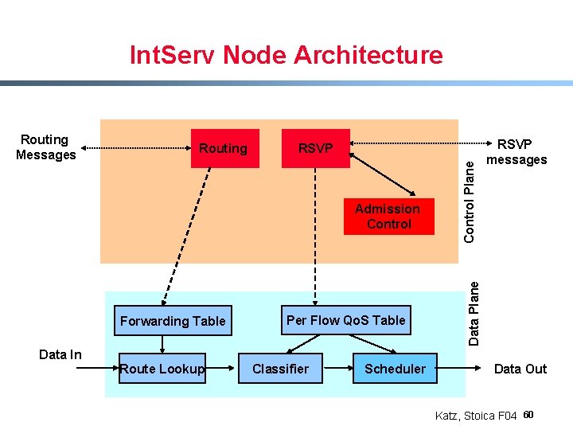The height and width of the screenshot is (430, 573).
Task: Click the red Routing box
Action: pos(224,148)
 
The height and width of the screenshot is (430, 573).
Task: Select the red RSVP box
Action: pos(316,148)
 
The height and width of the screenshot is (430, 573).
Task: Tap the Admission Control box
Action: pos(388,216)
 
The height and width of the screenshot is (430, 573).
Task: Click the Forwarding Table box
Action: pos(172,321)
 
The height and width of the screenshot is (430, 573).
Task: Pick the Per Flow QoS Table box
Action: pos(345,320)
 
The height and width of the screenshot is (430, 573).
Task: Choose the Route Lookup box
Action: pos(162,368)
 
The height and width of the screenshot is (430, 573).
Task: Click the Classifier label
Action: pos(280,369)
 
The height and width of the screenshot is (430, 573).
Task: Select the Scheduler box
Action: pos(395,369)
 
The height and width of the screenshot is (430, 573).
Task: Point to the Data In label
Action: pos(60,354)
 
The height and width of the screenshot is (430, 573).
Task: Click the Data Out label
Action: pos(520,369)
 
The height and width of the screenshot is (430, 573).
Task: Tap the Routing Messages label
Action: pos(45,147)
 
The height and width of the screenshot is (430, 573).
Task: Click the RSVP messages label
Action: pos(517,151)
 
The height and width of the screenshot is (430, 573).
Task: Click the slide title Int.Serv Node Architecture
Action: pos(286,55)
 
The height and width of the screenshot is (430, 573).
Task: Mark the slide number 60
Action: pos(531,414)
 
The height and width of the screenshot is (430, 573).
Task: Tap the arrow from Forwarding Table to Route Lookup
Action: pos(162,343)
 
